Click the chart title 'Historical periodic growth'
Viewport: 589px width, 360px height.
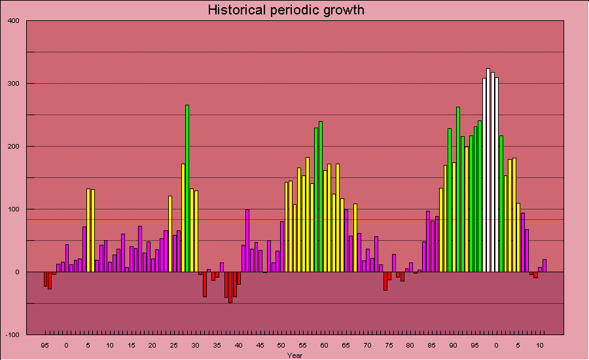286,10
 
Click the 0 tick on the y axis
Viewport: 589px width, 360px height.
18,272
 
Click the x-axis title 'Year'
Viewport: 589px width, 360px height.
294,355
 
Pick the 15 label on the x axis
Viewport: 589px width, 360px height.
131,345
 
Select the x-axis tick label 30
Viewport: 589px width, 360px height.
195,345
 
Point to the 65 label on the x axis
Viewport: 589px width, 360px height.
346,345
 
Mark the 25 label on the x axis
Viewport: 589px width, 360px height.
173,345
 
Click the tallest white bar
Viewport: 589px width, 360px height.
488,170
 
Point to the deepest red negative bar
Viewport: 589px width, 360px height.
230,287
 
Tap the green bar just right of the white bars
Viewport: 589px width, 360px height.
501,204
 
